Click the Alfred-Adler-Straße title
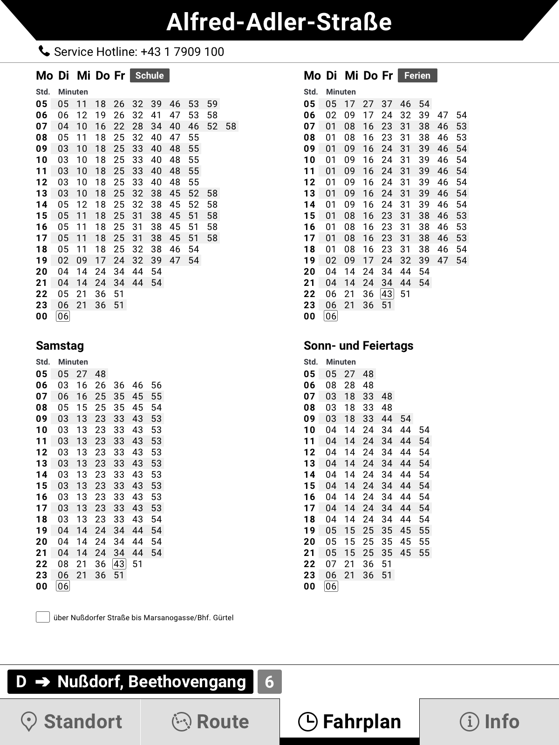(279, 22)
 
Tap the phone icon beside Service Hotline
(44, 51)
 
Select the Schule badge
(150, 75)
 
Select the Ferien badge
(417, 75)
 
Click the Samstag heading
(60, 345)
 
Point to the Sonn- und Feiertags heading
(358, 345)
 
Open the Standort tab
(70, 722)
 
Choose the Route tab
(210, 722)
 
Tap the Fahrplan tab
(349, 722)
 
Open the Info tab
(489, 722)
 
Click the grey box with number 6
(269, 682)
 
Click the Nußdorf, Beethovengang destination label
(151, 682)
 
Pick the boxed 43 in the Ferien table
(387, 294)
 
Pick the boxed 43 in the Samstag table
(119, 564)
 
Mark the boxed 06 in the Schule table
(63, 316)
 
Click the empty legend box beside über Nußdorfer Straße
(43, 617)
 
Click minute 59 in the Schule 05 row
(212, 104)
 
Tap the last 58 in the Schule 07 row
(231, 126)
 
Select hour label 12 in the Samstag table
(42, 452)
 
